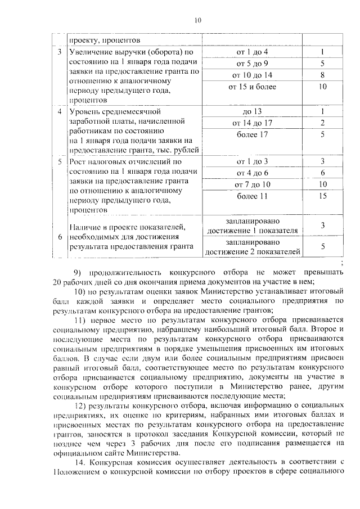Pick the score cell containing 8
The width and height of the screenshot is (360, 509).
pyautogui.click(x=322, y=75)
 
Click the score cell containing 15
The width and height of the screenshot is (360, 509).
pyautogui.click(x=322, y=196)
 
